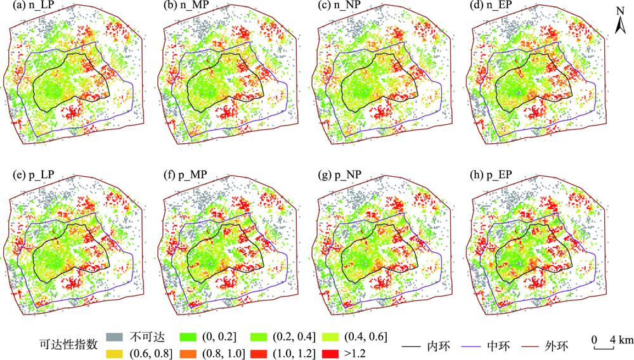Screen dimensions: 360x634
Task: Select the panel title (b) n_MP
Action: point(184,8)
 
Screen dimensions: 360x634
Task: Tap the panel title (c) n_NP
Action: point(337,8)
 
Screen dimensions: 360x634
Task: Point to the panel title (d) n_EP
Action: point(490,8)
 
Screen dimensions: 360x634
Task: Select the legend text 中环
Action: point(496,347)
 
